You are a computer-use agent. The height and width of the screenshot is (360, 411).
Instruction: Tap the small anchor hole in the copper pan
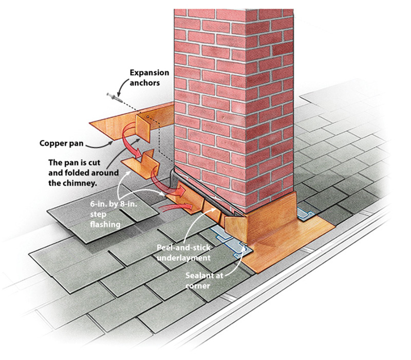(147, 118)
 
